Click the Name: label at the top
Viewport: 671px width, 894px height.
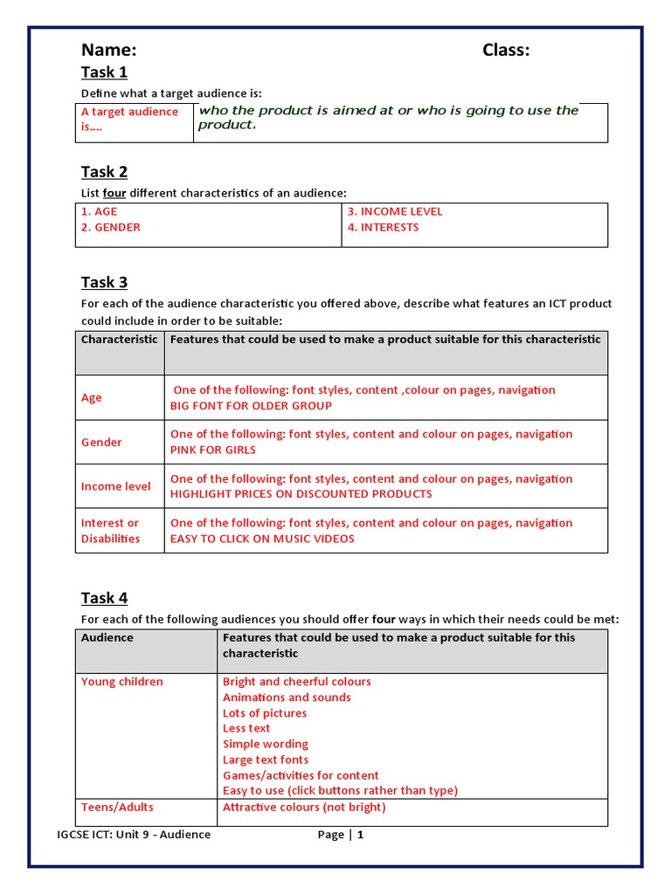point(108,50)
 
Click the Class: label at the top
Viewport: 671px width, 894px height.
point(506,50)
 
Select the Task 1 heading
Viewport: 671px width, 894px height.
point(104,72)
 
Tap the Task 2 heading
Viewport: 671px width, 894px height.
point(104,172)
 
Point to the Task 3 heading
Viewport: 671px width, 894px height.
point(104,282)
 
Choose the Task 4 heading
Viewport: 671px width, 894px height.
point(104,598)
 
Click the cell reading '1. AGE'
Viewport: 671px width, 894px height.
point(99,211)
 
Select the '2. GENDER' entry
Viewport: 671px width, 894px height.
point(110,227)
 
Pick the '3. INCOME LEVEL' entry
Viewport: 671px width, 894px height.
point(395,211)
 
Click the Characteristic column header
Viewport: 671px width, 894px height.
point(120,340)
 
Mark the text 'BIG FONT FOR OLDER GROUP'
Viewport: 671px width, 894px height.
point(251,406)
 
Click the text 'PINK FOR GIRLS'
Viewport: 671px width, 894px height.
point(213,450)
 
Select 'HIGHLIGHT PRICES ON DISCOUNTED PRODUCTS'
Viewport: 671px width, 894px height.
point(301,494)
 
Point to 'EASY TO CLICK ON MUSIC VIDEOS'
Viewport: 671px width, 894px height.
point(262,539)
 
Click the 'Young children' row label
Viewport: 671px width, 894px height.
point(121,682)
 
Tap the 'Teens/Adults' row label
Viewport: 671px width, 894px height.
point(117,808)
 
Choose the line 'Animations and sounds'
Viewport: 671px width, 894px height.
point(287,698)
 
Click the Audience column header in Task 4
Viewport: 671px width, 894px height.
point(107,638)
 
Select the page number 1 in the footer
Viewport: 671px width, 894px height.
point(360,835)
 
